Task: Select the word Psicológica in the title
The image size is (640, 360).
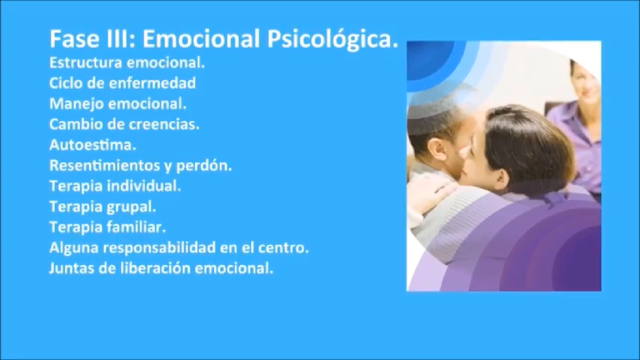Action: (x=332, y=39)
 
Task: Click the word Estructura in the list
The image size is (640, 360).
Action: (x=86, y=63)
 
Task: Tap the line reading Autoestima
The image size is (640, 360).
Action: (x=93, y=145)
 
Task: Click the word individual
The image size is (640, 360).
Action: (x=144, y=186)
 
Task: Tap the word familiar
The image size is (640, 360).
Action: (x=136, y=227)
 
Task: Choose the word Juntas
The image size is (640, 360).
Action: (x=72, y=269)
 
